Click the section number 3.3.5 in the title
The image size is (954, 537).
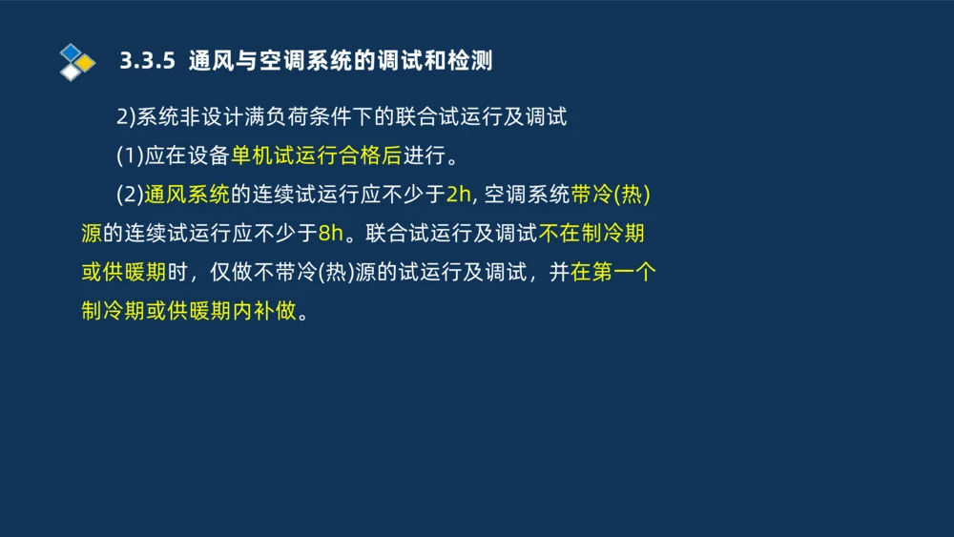pos(148,62)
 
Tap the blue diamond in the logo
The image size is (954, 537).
pos(71,52)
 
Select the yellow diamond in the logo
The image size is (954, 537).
pos(86,63)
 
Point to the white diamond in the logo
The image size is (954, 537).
pos(71,72)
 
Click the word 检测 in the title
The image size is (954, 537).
pos(471,62)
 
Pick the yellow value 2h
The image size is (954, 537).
pos(459,196)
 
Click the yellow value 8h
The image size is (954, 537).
pos(330,234)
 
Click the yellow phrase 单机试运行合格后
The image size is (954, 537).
pos(316,156)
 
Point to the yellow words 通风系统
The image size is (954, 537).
pos(187,196)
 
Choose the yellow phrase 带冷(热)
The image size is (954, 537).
pos(611,196)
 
